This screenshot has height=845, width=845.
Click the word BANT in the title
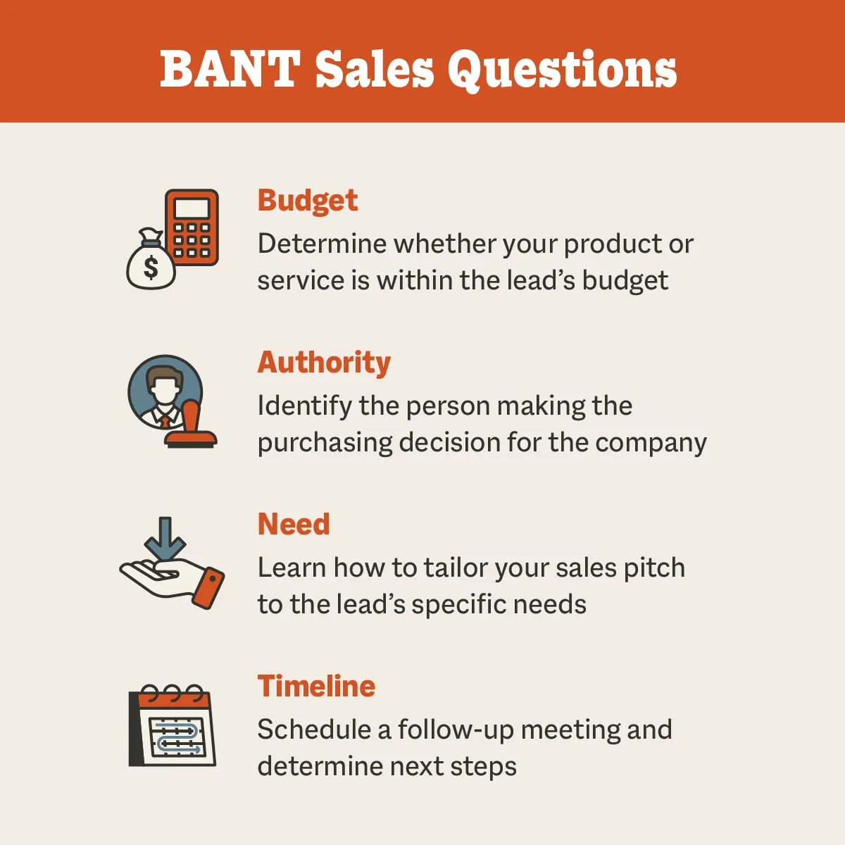[x=230, y=69]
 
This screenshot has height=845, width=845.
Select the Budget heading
[x=308, y=201]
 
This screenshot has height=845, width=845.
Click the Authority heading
[x=324, y=363]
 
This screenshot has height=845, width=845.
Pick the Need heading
[x=294, y=525]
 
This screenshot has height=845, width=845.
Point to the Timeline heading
[x=316, y=687]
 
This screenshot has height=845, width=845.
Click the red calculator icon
[x=192, y=227]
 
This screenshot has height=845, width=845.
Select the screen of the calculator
[x=192, y=208]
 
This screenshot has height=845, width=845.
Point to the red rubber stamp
[x=191, y=426]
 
